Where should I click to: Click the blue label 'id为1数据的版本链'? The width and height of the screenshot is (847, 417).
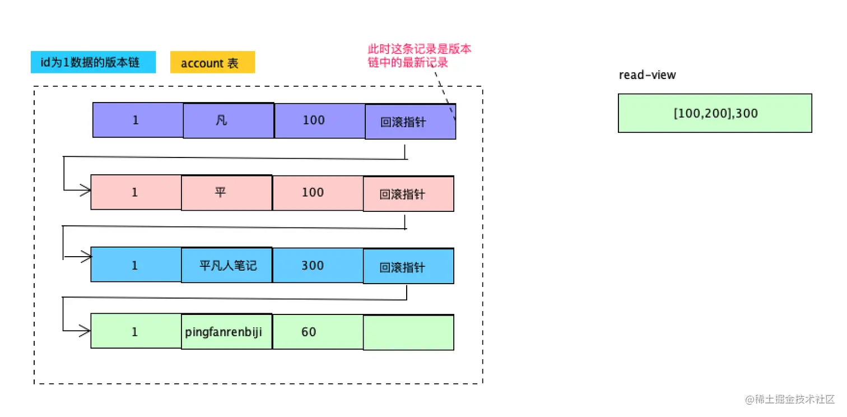[x=93, y=62]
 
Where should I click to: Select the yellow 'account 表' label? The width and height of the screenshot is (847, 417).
[x=212, y=63]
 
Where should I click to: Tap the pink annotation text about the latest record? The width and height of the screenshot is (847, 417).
[x=419, y=55]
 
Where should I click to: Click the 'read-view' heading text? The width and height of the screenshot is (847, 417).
[x=647, y=75]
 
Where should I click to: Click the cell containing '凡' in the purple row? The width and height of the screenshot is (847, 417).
[x=229, y=120]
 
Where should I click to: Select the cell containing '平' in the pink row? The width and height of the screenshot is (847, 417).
[x=227, y=192]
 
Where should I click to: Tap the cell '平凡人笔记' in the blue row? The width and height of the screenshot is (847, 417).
[x=227, y=265]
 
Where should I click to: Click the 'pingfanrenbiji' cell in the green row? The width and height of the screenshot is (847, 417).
[x=227, y=332]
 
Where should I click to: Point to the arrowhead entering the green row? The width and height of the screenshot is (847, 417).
[x=85, y=332]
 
